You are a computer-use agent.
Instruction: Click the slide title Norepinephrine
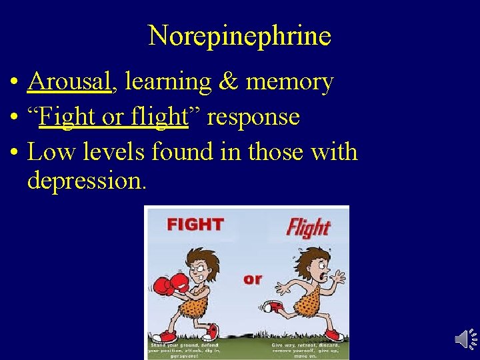[x=239, y=35]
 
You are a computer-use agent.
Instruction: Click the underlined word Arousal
[x=69, y=81]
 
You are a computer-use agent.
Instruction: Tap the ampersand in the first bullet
[x=230, y=81]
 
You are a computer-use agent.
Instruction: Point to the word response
[x=253, y=117]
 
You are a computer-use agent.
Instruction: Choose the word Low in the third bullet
[x=47, y=152]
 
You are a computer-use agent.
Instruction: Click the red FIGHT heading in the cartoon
[x=195, y=224]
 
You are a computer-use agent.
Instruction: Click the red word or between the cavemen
[x=253, y=279]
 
